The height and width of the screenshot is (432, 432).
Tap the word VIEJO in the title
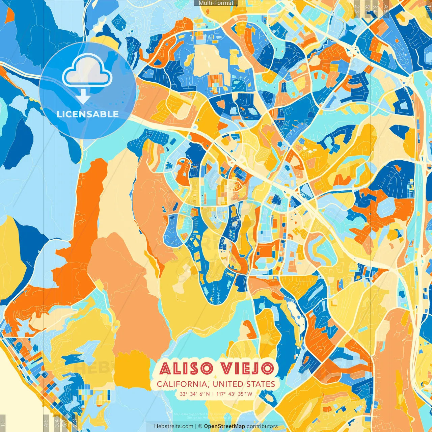coord(247,369)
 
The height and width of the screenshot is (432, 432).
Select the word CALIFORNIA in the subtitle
coord(182,384)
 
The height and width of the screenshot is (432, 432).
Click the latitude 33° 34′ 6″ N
coord(195,394)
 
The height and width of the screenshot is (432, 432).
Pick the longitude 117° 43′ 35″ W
coord(235,394)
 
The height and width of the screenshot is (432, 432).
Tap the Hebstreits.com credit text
coord(174,426)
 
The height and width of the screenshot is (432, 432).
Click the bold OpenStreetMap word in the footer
coord(224,426)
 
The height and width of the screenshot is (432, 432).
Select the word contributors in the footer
coord(262,426)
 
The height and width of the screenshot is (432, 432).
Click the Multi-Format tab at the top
coord(216,3)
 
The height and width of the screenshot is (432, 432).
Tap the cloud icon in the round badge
coord(87,71)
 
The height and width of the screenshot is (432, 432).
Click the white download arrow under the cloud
coord(83,98)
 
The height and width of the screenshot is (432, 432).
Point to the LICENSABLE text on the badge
coord(88,114)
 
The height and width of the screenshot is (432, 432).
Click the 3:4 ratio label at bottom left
coord(57,422)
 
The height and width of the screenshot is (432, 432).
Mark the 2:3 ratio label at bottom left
coord(75,422)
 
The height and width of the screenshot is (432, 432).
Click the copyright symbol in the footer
coord(200,426)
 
